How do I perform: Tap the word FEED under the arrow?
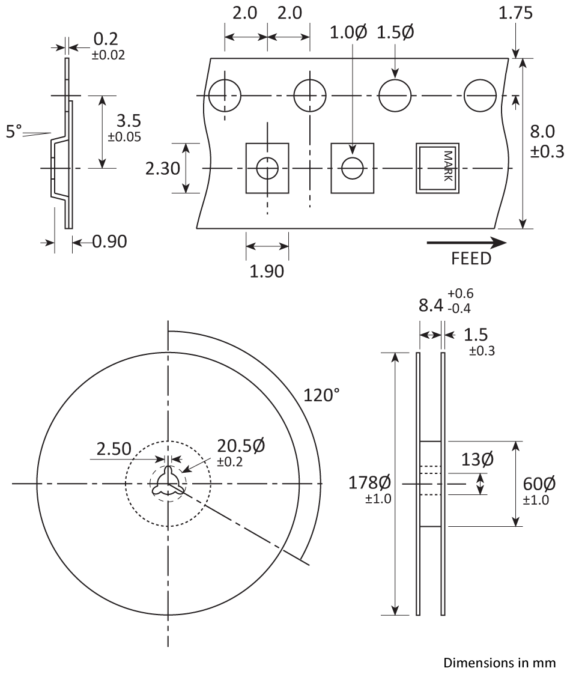point(471,259)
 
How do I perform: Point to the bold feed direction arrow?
point(466,243)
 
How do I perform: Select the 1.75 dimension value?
point(515,13)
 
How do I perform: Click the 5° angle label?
point(13,131)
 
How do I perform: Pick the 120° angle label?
point(321,395)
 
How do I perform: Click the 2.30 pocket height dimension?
point(163,168)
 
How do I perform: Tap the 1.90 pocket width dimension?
point(267,271)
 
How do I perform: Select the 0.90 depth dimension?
point(110,241)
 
